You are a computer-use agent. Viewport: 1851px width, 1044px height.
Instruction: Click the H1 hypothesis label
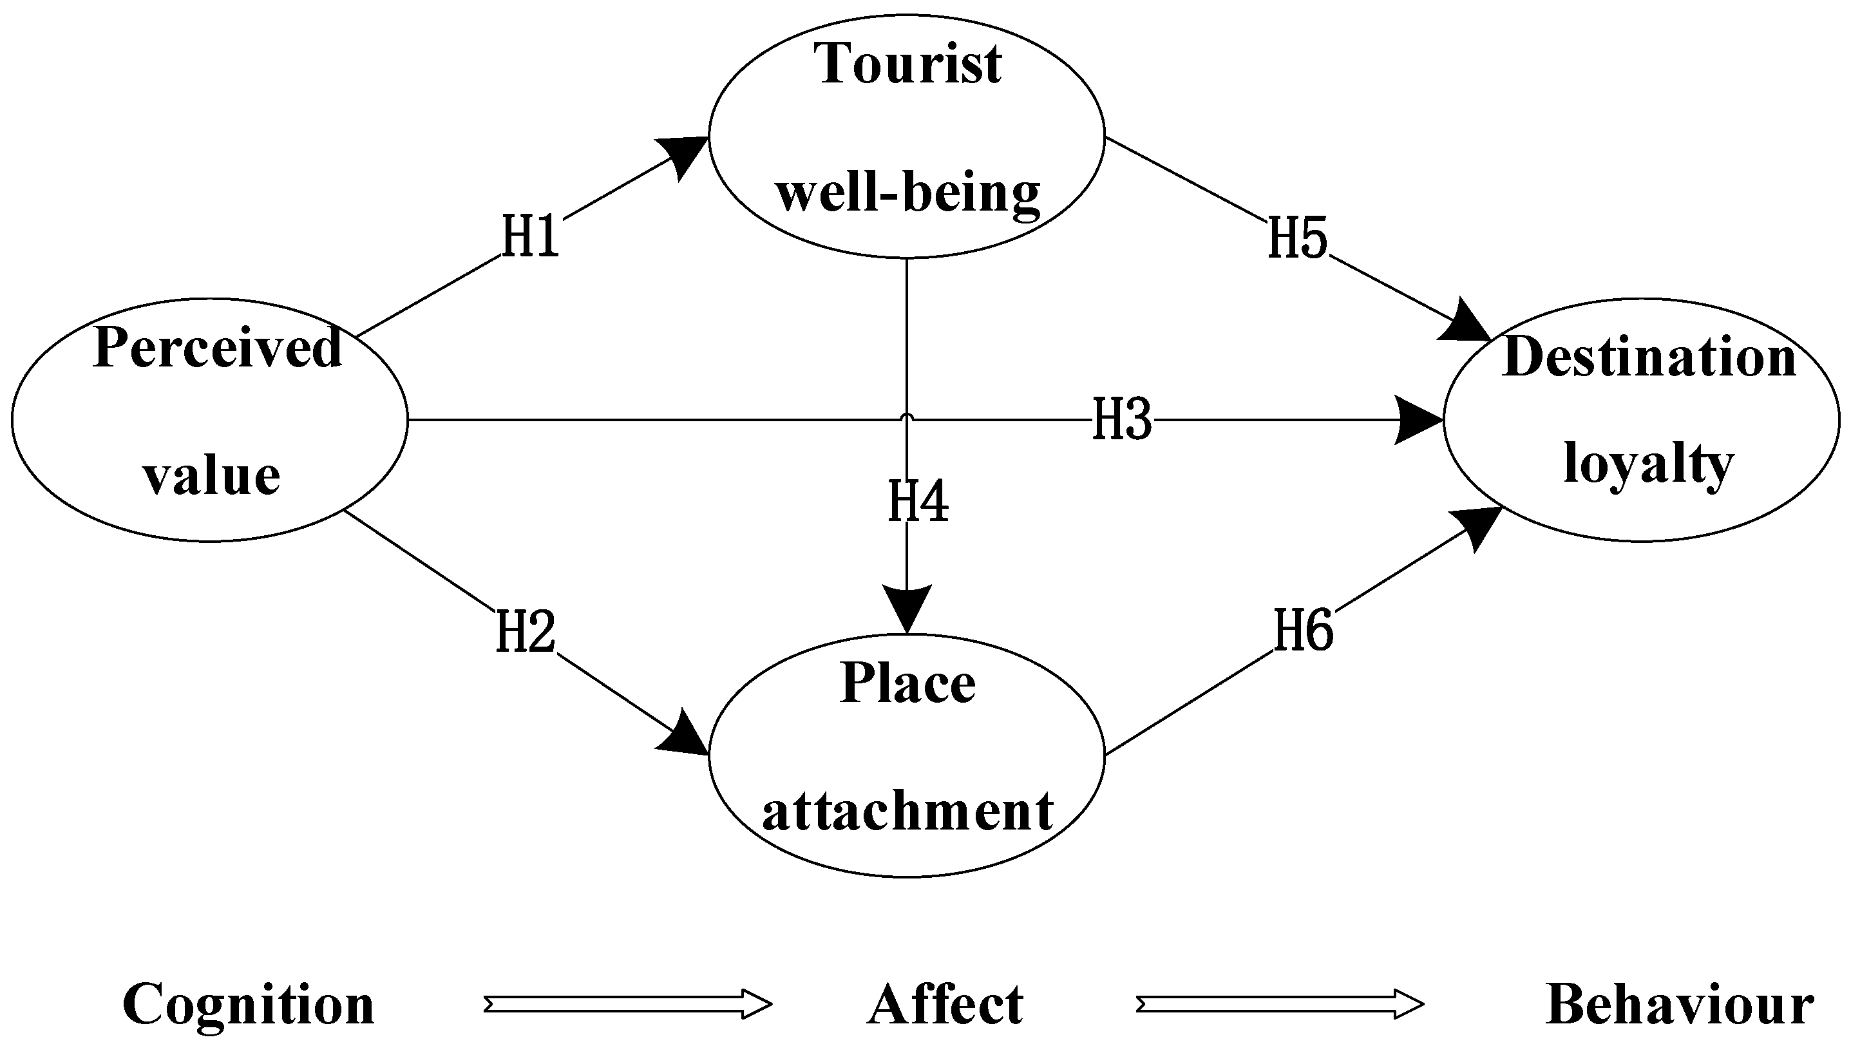tap(530, 237)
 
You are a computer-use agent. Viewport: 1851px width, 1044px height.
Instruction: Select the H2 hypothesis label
tap(526, 632)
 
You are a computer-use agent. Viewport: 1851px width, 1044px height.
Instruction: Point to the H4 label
tap(918, 502)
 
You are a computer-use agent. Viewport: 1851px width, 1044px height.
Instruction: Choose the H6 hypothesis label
tap(1304, 630)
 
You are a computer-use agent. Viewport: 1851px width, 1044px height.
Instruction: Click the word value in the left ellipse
tap(211, 476)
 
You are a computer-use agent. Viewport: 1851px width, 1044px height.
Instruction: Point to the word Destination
tap(1649, 358)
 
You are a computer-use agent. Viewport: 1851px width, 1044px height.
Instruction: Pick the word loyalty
tap(1649, 464)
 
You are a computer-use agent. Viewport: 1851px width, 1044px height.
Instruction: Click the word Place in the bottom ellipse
tap(908, 683)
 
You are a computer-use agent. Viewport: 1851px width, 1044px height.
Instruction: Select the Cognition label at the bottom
tap(249, 1005)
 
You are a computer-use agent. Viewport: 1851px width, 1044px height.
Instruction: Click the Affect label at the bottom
tap(945, 1005)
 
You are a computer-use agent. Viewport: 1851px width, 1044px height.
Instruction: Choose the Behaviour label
tap(1680, 1005)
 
